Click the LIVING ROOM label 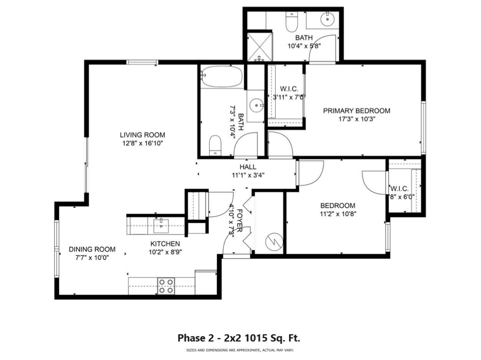tap(142, 135)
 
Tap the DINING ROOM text tap(92, 250)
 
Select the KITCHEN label tap(165, 243)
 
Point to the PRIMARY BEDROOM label tap(357, 110)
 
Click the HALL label tap(248, 167)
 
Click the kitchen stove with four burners tap(165, 285)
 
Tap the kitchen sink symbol tap(161, 223)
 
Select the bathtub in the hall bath tap(221, 78)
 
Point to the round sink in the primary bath tap(325, 20)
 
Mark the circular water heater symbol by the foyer tap(275, 241)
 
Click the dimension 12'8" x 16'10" tap(142, 144)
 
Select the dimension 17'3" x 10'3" tap(357, 119)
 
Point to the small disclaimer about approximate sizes tap(240, 350)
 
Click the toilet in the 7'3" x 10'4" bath tap(215, 144)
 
